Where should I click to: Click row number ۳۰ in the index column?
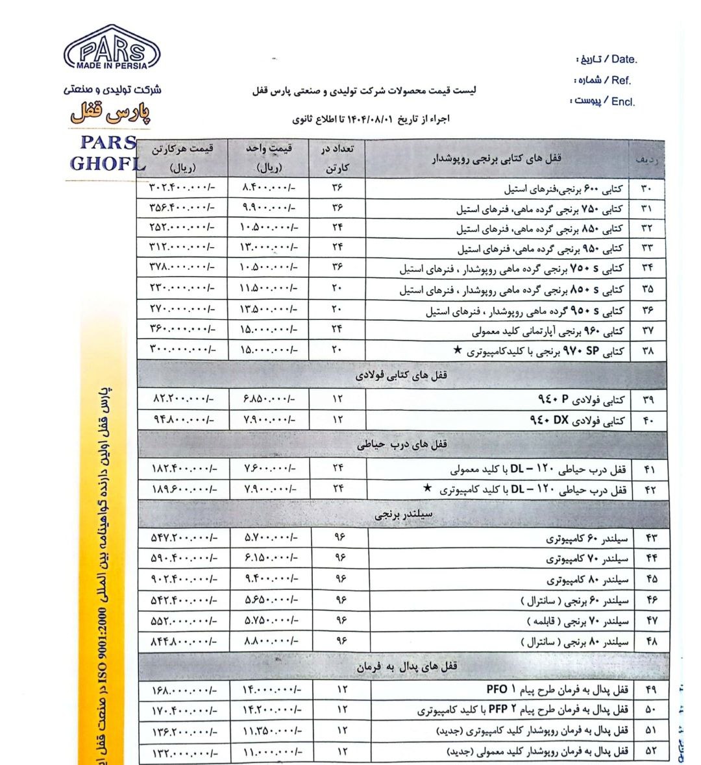(x=647, y=189)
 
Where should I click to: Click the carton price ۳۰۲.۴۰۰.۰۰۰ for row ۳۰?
(x=182, y=188)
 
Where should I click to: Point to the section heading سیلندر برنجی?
(x=404, y=515)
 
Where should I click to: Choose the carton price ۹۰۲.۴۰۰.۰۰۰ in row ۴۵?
(x=183, y=579)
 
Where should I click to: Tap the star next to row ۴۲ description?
(x=427, y=488)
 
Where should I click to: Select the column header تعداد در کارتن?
(x=338, y=158)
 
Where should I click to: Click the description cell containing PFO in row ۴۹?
(x=558, y=688)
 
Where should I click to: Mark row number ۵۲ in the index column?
(x=650, y=751)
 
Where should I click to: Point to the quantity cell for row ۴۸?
(x=340, y=641)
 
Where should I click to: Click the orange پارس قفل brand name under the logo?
(x=110, y=113)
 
